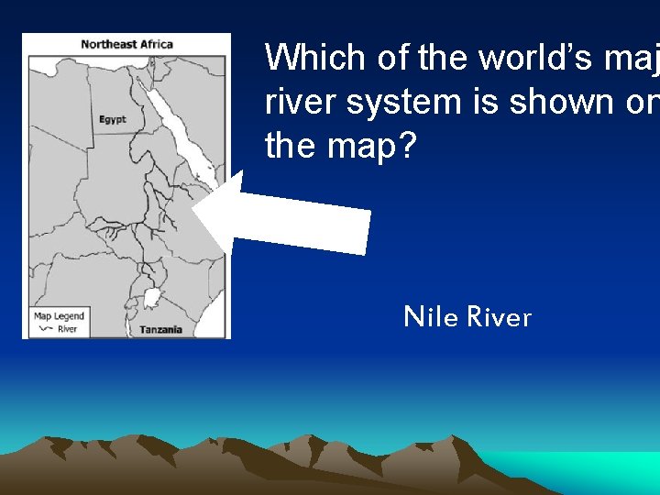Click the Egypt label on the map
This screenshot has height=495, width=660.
(113, 120)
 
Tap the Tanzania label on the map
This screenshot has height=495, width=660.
(160, 329)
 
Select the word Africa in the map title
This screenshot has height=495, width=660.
(154, 44)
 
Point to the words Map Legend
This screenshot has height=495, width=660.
(59, 316)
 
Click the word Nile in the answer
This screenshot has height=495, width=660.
(432, 317)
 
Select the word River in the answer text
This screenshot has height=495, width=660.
(499, 317)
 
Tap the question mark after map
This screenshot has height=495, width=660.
(405, 146)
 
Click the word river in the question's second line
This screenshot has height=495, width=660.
(299, 102)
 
